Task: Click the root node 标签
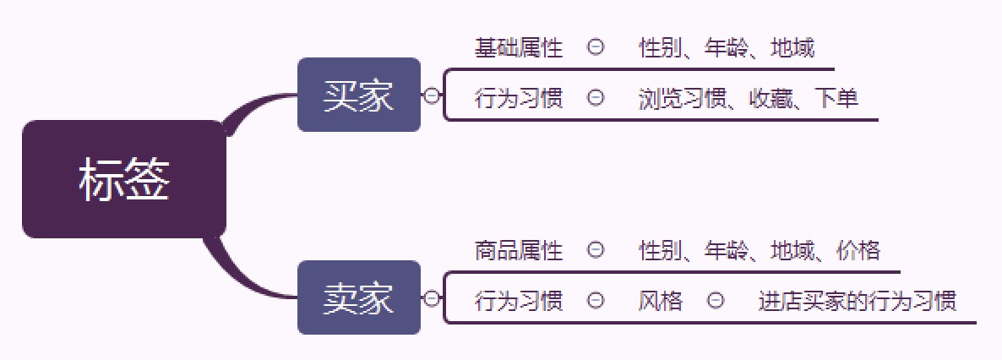(x=124, y=179)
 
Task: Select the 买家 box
(x=359, y=95)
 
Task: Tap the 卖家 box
(x=359, y=297)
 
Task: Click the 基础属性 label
(x=518, y=48)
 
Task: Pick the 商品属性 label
(x=518, y=250)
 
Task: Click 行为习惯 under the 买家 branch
(x=518, y=99)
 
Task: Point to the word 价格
(x=858, y=250)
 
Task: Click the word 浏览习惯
(x=683, y=99)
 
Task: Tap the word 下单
(x=836, y=99)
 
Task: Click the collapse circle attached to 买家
(x=432, y=95)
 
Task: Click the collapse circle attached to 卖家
(x=432, y=298)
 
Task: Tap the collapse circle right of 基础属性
(x=596, y=46)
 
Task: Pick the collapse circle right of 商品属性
(x=596, y=249)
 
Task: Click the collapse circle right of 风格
(x=716, y=300)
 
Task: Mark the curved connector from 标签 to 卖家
(x=240, y=279)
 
